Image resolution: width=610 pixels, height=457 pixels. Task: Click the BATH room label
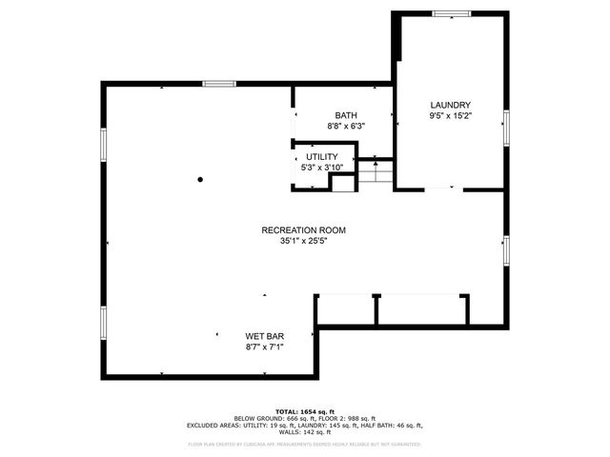point(346,115)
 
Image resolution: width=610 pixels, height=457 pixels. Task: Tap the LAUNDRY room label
point(451,105)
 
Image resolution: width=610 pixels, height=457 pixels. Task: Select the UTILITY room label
point(321,157)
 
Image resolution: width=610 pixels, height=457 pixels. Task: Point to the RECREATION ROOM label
point(304,230)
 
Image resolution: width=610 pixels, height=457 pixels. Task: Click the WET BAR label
point(265,336)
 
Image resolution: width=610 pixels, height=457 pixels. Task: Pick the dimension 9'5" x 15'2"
point(451,116)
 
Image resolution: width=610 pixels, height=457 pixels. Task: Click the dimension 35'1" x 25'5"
point(304,241)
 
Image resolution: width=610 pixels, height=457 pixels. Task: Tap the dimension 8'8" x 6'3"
point(346,126)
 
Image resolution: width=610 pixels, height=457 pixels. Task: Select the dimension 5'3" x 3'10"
point(321,168)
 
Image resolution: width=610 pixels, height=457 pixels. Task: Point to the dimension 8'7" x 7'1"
point(265,347)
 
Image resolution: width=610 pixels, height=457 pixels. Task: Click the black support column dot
point(200,178)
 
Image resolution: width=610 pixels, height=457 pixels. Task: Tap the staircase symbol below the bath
point(376,172)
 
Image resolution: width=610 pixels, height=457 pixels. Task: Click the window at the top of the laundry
point(451,13)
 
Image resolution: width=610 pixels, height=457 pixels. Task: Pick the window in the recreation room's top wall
point(218,84)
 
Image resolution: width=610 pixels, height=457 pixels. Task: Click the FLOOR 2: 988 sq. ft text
point(349,417)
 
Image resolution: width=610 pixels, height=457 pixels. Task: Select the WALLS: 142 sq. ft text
point(304,433)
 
